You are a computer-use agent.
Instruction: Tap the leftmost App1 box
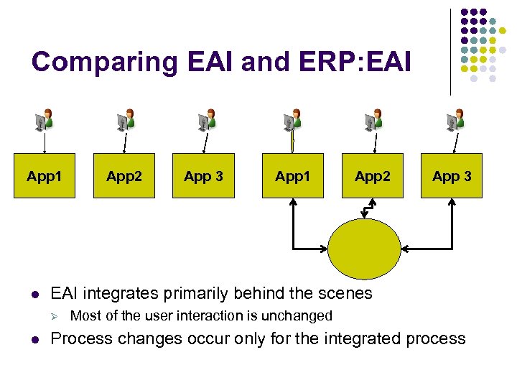45,176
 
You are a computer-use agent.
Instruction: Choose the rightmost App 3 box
452,176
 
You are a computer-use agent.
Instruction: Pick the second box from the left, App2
124,176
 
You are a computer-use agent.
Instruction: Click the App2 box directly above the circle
372,176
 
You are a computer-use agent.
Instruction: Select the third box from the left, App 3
203,176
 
